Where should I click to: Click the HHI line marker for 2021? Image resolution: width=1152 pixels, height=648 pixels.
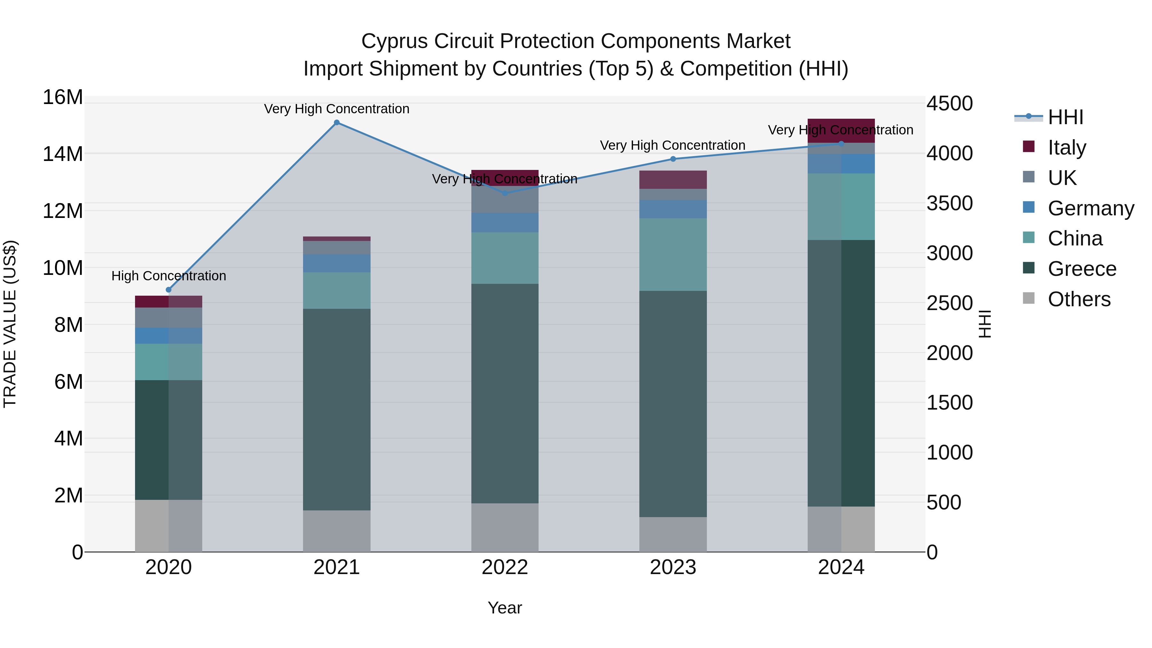pyautogui.click(x=337, y=123)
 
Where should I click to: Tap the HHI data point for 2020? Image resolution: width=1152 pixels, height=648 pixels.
pyautogui.click(x=169, y=290)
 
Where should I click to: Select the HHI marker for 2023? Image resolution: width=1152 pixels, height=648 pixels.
pyautogui.click(x=673, y=159)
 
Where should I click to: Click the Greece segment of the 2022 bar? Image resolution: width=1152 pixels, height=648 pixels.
pyautogui.click(x=505, y=394)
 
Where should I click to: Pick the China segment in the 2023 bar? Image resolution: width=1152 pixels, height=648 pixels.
pyautogui.click(x=673, y=254)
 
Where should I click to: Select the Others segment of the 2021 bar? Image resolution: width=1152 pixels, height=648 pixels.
pyautogui.click(x=337, y=531)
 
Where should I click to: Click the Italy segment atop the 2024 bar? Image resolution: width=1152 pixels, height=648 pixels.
pyautogui.click(x=841, y=131)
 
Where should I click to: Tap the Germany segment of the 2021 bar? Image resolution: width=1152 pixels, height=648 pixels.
pyautogui.click(x=337, y=263)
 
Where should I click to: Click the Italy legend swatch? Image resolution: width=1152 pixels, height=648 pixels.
pyautogui.click(x=1028, y=147)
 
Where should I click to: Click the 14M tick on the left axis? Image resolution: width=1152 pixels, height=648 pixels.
pyautogui.click(x=63, y=154)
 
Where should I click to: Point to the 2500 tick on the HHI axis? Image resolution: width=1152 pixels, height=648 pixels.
pyautogui.click(x=949, y=303)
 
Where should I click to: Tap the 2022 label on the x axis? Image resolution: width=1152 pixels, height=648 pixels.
pyautogui.click(x=505, y=567)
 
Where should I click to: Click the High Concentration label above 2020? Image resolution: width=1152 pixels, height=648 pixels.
pyautogui.click(x=169, y=276)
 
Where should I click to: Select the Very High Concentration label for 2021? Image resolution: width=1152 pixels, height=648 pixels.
pyautogui.click(x=337, y=109)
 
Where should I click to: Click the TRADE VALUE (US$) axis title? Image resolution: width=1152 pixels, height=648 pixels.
pyautogui.click(x=10, y=324)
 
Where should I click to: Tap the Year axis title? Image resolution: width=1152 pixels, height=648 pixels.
pyautogui.click(x=505, y=608)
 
